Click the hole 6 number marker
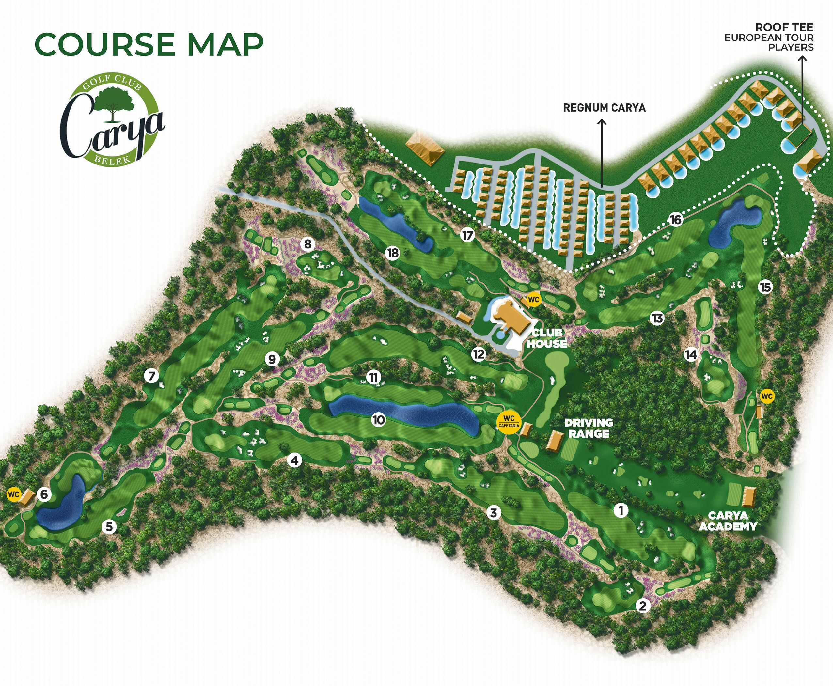point(44,494)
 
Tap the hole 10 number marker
point(379,420)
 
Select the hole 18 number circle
point(393,253)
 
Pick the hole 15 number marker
point(765,287)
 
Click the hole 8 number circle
point(308,244)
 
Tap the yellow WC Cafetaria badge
point(509,422)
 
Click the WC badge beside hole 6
point(13,494)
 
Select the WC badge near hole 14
point(767,396)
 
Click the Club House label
point(547,338)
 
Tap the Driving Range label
point(589,428)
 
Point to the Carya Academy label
point(728,521)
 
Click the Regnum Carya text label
point(604,107)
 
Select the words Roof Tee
point(784,27)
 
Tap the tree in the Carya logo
point(114,103)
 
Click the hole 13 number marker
point(657,318)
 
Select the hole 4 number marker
point(294,460)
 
